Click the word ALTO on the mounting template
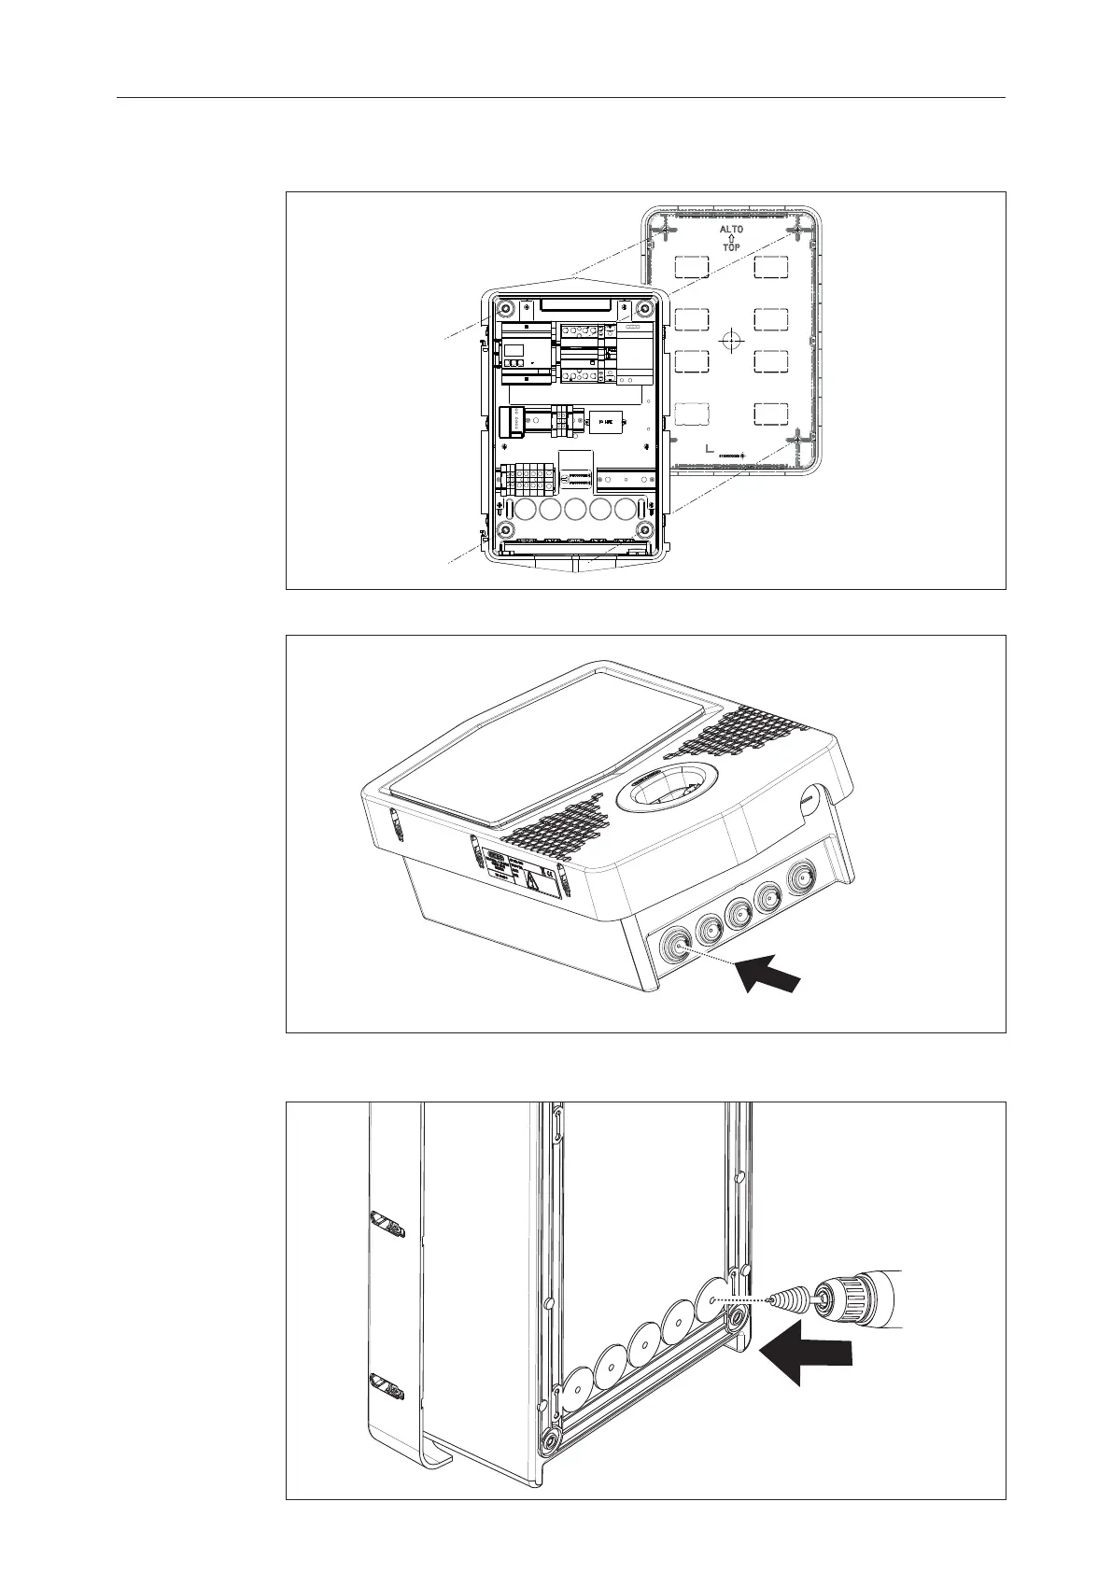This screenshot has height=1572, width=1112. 731,230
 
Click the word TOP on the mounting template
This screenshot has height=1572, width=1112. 731,248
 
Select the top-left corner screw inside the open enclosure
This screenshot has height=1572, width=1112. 505,309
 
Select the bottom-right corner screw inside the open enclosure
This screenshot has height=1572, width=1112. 643,530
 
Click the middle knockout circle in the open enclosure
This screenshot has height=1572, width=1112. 575,510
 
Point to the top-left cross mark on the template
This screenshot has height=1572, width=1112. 662,228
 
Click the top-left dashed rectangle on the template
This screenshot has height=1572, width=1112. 690,267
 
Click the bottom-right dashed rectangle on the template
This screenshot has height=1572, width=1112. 772,414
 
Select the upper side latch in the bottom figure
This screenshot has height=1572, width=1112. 387,1224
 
